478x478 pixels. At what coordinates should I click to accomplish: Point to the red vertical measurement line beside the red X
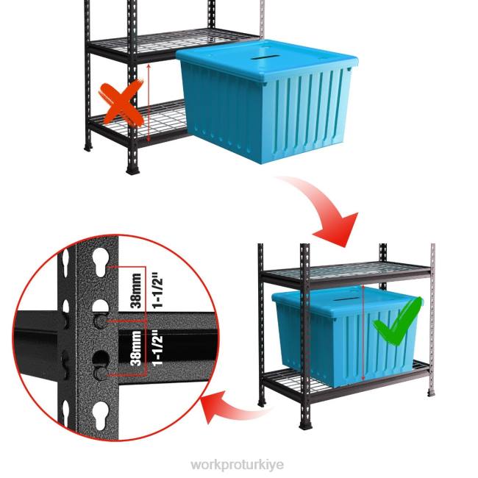point(149,103)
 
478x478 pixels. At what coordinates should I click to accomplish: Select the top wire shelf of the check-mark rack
point(346,273)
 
